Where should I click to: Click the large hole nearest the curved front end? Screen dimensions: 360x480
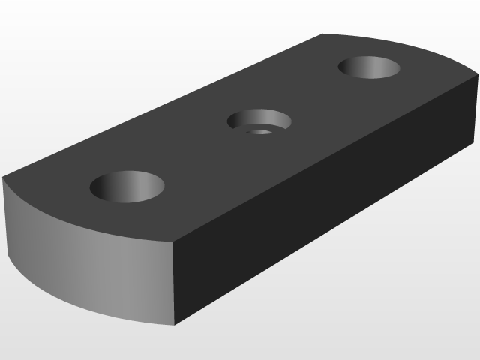[x=127, y=185]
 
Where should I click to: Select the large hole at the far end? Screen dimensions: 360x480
[x=369, y=67]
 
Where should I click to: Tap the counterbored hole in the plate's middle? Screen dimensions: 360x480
[x=259, y=121]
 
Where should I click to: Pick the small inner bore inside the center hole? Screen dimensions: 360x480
[x=261, y=131]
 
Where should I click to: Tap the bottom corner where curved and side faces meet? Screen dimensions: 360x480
[x=175, y=325]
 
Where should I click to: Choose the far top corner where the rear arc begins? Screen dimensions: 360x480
[x=322, y=34]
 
